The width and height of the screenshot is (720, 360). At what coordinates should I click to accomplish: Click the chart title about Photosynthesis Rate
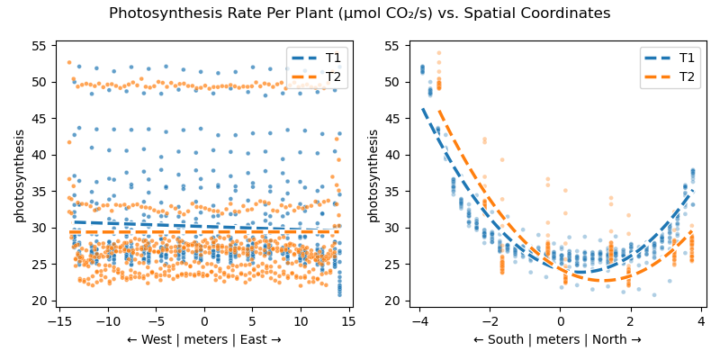tap(360, 13)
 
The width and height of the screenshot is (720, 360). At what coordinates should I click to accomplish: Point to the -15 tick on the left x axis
tap(59, 320)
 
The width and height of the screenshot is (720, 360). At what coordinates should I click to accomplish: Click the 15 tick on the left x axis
tap(348, 320)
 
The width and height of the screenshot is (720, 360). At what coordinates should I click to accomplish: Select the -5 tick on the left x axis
tap(156, 320)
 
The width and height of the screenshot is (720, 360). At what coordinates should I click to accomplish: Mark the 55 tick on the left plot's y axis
tap(40, 45)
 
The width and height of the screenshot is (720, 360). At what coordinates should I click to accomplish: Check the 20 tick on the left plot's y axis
tap(40, 301)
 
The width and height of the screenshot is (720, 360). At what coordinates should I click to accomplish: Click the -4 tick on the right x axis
tap(419, 320)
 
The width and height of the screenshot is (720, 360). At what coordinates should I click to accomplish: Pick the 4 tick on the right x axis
tap(700, 320)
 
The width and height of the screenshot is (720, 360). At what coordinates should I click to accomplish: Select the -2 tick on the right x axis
tap(490, 320)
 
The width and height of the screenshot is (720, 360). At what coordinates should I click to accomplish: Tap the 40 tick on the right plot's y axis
tap(394, 155)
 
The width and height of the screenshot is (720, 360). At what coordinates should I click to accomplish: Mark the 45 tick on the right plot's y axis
tap(394, 118)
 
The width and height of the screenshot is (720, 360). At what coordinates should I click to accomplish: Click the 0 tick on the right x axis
tap(560, 320)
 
